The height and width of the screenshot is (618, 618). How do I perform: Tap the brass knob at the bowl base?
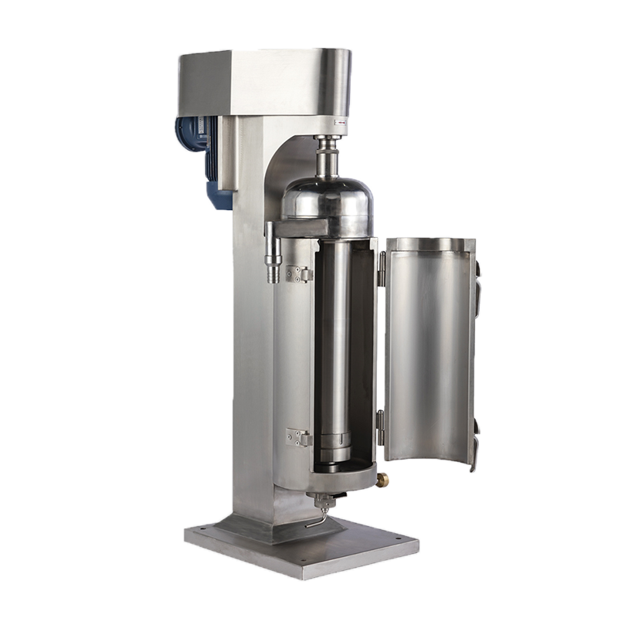pyautogui.click(x=382, y=480)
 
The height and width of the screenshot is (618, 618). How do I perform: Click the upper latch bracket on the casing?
pyautogui.click(x=297, y=274)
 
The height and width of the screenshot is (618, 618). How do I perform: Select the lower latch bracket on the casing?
pyautogui.click(x=297, y=437)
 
